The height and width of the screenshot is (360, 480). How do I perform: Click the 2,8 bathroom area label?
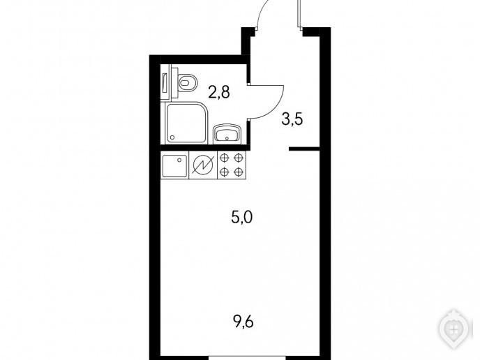tap(218, 92)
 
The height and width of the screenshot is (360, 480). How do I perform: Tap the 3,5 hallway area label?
tap(292, 119)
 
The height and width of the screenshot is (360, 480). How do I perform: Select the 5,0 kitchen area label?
tap(242, 218)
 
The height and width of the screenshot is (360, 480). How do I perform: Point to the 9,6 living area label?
tap(243, 322)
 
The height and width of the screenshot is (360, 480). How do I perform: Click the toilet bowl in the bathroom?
tap(187, 82)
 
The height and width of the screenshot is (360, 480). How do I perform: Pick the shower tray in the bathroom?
tap(186, 123)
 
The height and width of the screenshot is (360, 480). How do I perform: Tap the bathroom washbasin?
tap(227, 133)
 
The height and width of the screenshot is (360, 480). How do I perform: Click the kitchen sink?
tap(175, 165)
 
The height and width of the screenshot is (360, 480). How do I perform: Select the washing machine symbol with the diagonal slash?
tap(203, 165)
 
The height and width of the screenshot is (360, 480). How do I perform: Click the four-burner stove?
tap(232, 165)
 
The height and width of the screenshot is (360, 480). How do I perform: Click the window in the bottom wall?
tap(247, 357)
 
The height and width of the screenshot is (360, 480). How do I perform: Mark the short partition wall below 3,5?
tap(304, 149)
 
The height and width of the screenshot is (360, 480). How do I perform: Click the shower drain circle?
tap(173, 137)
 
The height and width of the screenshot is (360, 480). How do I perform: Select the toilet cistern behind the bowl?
tap(174, 82)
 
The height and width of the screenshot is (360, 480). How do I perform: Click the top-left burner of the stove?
tap(225, 158)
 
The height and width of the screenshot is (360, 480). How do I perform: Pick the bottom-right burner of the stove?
tap(238, 172)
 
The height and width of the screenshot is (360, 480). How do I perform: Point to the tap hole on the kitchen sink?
tap(180, 159)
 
